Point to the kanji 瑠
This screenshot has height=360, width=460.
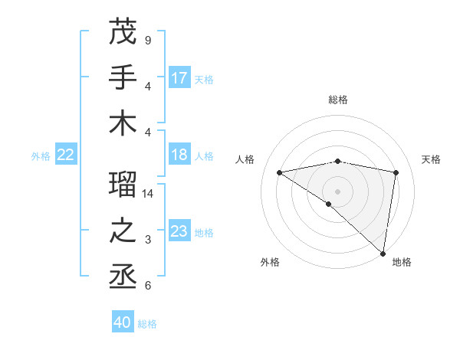(123, 185)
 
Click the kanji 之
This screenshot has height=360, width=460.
(123, 231)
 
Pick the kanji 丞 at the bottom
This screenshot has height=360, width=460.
(123, 277)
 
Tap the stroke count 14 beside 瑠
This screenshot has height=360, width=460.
(149, 194)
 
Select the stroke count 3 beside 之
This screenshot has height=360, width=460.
(147, 240)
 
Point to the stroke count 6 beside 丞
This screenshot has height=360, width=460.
(147, 286)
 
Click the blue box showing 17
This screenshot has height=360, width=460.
(179, 78)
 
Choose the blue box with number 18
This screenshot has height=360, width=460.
(179, 155)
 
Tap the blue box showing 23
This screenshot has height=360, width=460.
(179, 231)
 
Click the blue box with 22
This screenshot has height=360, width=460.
(65, 155)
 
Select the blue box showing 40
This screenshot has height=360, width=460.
(122, 322)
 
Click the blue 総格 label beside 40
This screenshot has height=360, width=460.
(148, 324)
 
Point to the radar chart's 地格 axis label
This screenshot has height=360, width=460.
(402, 262)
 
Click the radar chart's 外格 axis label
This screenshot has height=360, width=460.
(270, 262)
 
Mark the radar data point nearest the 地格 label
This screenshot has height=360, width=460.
(383, 253)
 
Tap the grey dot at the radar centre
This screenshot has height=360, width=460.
(337, 190)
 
